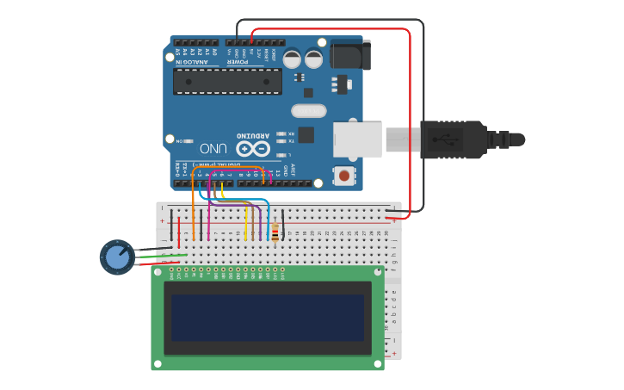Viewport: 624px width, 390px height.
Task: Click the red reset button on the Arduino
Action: point(344,176)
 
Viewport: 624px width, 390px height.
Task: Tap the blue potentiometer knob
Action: point(117,257)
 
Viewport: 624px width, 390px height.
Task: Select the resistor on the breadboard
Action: point(275,232)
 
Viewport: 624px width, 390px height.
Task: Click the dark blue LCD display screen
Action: point(268,317)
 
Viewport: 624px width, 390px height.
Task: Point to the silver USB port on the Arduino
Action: point(357,139)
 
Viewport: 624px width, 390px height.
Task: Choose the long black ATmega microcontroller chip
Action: point(227,81)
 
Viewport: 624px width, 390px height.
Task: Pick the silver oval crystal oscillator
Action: point(309,110)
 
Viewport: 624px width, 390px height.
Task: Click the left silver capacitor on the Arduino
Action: point(293,59)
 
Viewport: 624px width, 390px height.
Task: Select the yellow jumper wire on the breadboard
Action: point(246,226)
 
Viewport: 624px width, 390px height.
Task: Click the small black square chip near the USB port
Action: point(306,134)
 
